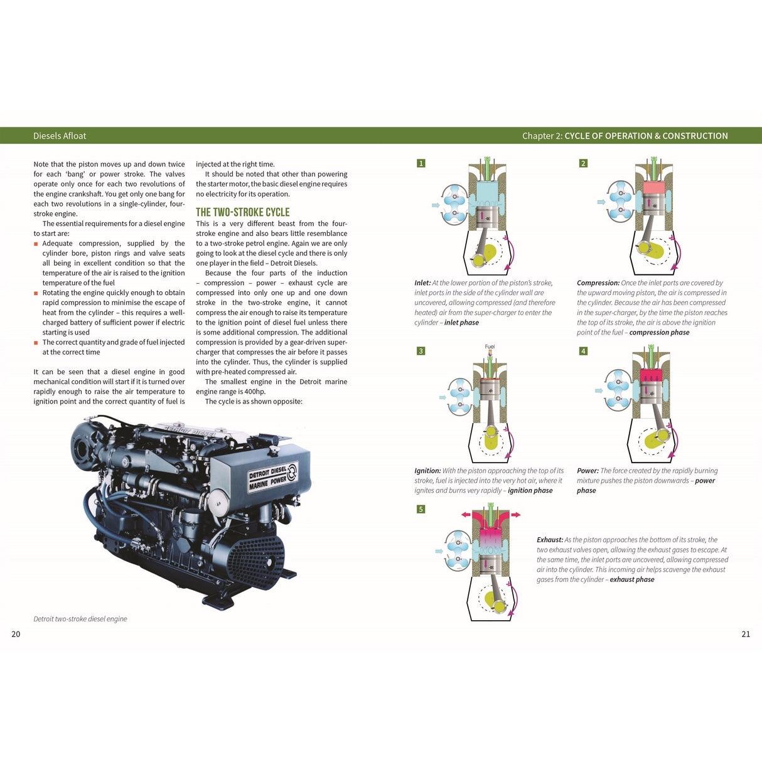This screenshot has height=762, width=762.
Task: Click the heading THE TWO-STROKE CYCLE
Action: (242, 212)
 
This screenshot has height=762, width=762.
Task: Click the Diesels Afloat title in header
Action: (60, 136)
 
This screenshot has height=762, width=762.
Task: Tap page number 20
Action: (16, 634)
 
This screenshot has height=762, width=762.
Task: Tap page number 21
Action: (746, 634)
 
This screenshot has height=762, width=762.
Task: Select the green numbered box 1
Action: (421, 163)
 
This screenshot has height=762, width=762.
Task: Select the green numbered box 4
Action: (583, 351)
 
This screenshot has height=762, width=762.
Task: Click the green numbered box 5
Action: (421, 509)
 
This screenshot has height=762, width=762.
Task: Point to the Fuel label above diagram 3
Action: (490, 346)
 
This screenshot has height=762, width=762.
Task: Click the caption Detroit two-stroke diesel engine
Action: (80, 619)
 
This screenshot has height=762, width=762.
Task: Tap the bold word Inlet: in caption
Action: (422, 283)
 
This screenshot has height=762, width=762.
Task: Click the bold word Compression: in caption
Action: (598, 283)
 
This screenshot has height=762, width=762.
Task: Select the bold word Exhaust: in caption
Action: (549, 540)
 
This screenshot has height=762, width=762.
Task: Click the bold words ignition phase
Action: (530, 491)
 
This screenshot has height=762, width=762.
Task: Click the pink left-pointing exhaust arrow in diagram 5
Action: (466, 515)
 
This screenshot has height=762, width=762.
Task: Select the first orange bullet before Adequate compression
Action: (36, 244)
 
